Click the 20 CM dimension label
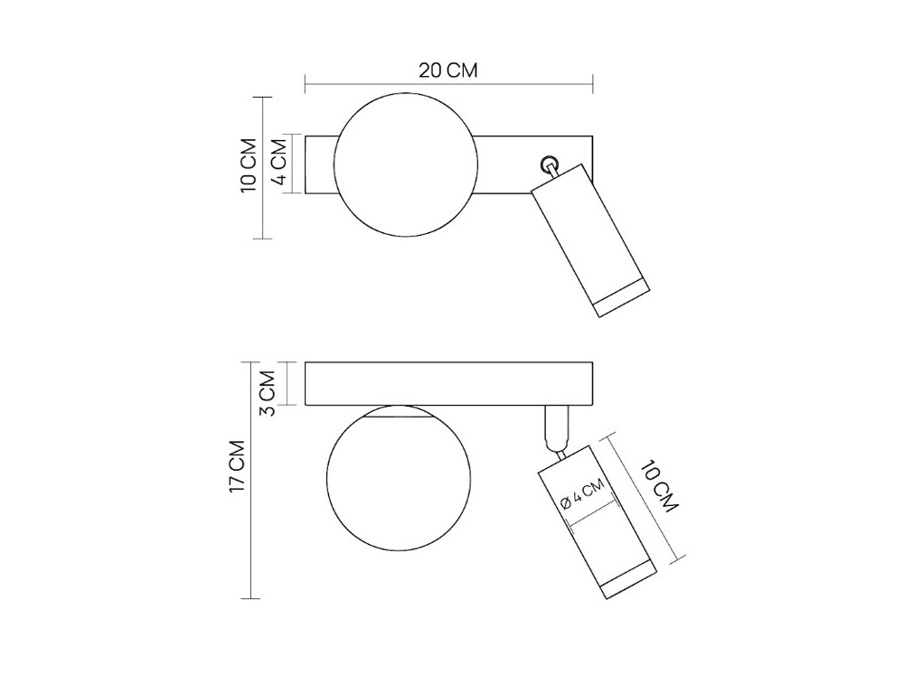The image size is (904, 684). [x=448, y=70]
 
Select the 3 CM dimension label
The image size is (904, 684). [x=267, y=394]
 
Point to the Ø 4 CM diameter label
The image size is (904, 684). [x=582, y=494]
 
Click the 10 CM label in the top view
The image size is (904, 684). [x=249, y=165]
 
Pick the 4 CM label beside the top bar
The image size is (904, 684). [x=278, y=161]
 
